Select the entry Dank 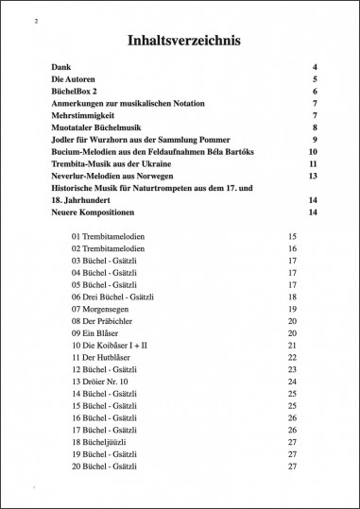point(61,68)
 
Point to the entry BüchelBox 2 point(77,92)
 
